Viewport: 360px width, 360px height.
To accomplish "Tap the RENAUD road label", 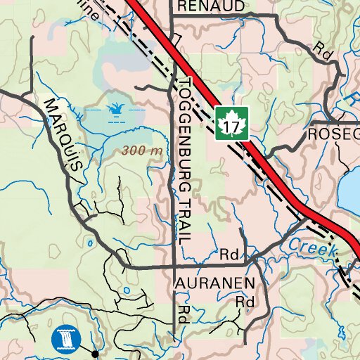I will point(211,6).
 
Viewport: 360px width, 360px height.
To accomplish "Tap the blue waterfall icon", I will point(66,340).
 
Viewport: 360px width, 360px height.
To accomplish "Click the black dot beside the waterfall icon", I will point(96,354).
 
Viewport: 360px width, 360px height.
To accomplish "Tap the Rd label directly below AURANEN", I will point(244,302).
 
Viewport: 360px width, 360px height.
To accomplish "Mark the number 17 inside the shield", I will point(231,125).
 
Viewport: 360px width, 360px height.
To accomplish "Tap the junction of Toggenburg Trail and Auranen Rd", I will point(174,267).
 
